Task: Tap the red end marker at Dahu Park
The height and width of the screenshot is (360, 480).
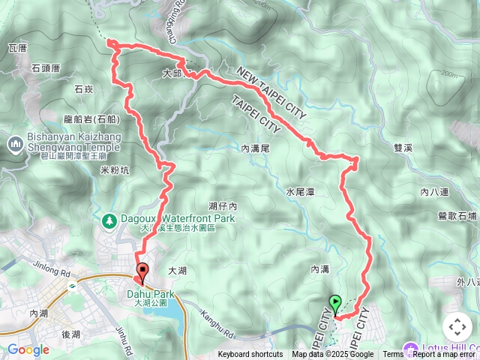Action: pyautogui.click(x=142, y=271)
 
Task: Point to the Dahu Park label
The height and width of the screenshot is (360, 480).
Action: pyautogui.click(x=156, y=294)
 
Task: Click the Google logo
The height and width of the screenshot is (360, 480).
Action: pyautogui.click(x=28, y=349)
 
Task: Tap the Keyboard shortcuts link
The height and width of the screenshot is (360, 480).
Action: pyautogui.click(x=250, y=355)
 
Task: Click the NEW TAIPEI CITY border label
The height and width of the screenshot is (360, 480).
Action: pyautogui.click(x=272, y=92)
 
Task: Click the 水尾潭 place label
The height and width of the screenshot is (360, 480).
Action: pyautogui.click(x=299, y=192)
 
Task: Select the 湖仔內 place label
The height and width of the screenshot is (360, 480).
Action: pyautogui.click(x=223, y=205)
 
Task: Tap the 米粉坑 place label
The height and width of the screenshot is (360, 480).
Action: pyautogui.click(x=114, y=170)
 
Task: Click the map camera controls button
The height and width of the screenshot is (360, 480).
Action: pyautogui.click(x=457, y=326)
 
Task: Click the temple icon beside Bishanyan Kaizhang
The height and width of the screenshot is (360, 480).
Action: pyautogui.click(x=16, y=142)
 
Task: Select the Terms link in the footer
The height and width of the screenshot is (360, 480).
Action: pyautogui.click(x=393, y=355)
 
